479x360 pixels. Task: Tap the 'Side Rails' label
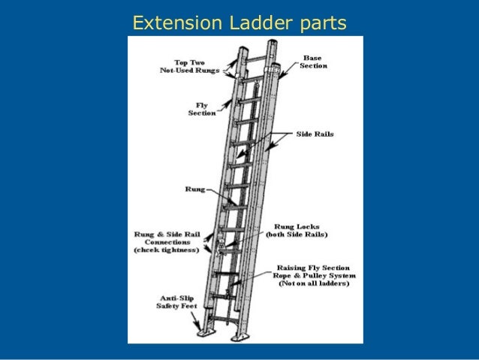[x=315, y=134]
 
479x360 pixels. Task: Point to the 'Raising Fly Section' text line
[x=315, y=268]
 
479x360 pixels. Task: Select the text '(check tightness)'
[x=167, y=250]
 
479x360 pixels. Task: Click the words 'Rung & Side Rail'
[x=167, y=233]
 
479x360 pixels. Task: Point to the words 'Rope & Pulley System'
[x=315, y=276]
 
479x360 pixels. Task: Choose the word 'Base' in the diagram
[x=312, y=57]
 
